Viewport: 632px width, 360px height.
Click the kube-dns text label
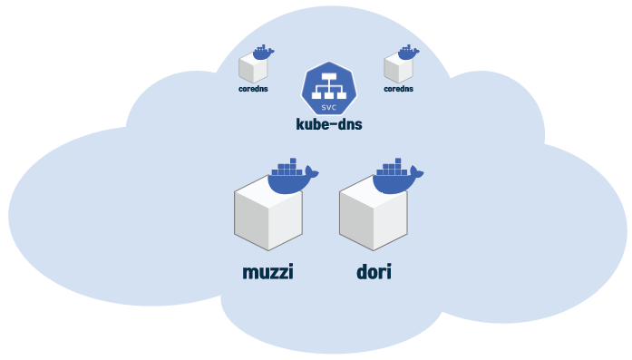[329, 124]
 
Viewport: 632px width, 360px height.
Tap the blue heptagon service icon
[329, 89]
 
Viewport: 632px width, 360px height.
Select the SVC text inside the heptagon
[329, 107]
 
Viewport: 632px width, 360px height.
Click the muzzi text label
[267, 272]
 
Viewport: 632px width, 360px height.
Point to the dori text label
[374, 272]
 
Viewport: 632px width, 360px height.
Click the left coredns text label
[253, 89]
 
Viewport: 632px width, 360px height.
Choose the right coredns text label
[398, 89]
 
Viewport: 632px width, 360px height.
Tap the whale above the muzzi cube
[293, 176]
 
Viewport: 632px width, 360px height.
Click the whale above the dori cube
[397, 176]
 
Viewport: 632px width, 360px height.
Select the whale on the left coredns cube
[263, 53]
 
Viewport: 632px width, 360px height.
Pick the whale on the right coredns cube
[408, 53]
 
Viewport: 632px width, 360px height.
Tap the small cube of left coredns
[253, 68]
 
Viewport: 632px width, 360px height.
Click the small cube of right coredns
[398, 68]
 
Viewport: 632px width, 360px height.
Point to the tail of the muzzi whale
[312, 172]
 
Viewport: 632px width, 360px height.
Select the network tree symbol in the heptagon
[329, 86]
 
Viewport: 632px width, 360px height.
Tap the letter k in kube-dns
[300, 124]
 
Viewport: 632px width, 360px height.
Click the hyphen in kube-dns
[334, 124]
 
